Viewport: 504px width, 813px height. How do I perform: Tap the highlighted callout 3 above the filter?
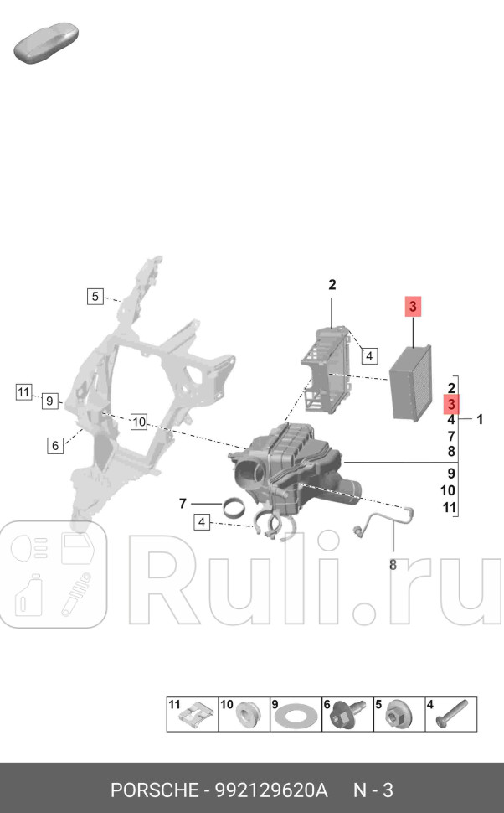click(413, 307)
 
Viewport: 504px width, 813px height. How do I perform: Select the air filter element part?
click(410, 382)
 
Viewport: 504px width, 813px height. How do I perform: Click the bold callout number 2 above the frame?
click(332, 285)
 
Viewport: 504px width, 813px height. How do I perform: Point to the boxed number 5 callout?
click(96, 296)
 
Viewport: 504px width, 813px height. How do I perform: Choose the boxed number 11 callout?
click(23, 391)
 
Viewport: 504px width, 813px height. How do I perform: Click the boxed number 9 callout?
click(50, 401)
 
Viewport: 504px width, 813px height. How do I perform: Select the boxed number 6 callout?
click(55, 446)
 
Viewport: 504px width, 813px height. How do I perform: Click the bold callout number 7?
click(182, 504)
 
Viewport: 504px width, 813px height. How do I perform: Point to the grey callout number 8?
click(393, 565)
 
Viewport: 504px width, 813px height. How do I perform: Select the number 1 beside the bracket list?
click(480, 419)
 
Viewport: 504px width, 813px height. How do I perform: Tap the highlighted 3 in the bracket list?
click(450, 404)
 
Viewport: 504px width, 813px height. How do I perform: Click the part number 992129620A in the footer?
click(271, 790)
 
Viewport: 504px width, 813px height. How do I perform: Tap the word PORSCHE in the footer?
click(154, 790)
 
